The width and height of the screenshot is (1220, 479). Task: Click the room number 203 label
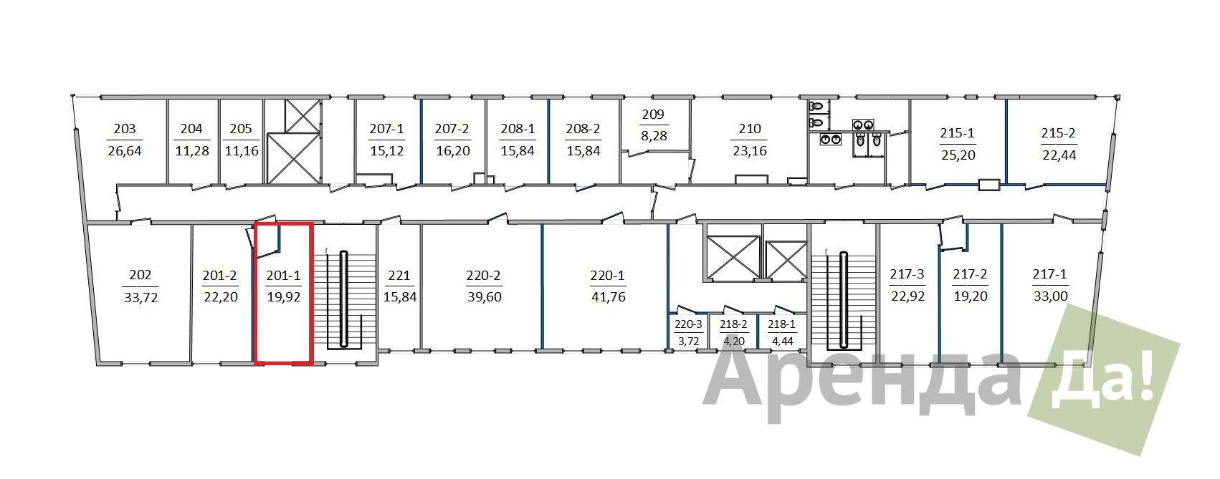[124, 129]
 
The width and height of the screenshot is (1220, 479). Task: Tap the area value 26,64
[124, 151]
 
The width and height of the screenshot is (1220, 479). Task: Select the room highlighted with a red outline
[283, 293]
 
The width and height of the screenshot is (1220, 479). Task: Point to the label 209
[653, 115]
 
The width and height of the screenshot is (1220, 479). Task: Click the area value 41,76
[608, 296]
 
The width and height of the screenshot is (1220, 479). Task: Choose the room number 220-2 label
[483, 276]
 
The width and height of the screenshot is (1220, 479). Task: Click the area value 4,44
[782, 342]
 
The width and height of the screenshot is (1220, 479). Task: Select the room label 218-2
[733, 324]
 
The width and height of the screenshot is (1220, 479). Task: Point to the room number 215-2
[1058, 132]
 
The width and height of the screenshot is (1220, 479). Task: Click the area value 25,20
[958, 155]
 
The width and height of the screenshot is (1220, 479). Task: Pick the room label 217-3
[907, 274]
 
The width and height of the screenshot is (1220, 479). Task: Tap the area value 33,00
[1050, 296]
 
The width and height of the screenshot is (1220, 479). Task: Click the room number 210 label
[750, 129]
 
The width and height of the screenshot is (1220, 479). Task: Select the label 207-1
[386, 129]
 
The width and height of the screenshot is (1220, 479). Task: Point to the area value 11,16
[242, 151]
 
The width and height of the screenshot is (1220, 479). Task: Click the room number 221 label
[399, 276]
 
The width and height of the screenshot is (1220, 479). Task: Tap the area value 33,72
[140, 298]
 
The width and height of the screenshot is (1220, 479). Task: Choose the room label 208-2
[583, 129]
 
